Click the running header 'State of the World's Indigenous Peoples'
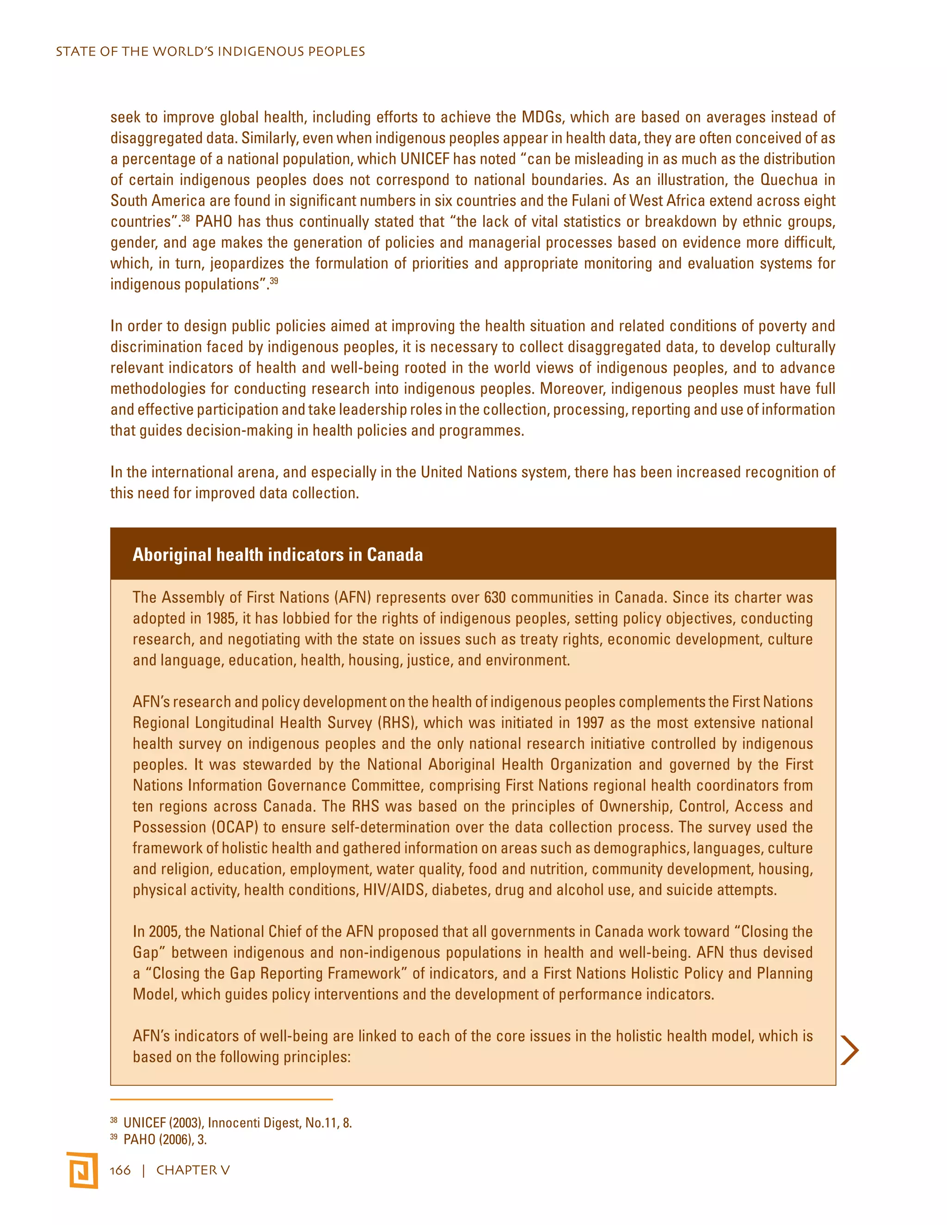(210, 52)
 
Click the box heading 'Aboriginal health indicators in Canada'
(278, 555)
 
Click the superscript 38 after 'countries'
(186, 218)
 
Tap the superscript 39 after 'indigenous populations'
(274, 281)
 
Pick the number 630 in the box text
(495, 597)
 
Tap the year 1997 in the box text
(589, 723)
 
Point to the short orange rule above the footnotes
(221, 1099)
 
